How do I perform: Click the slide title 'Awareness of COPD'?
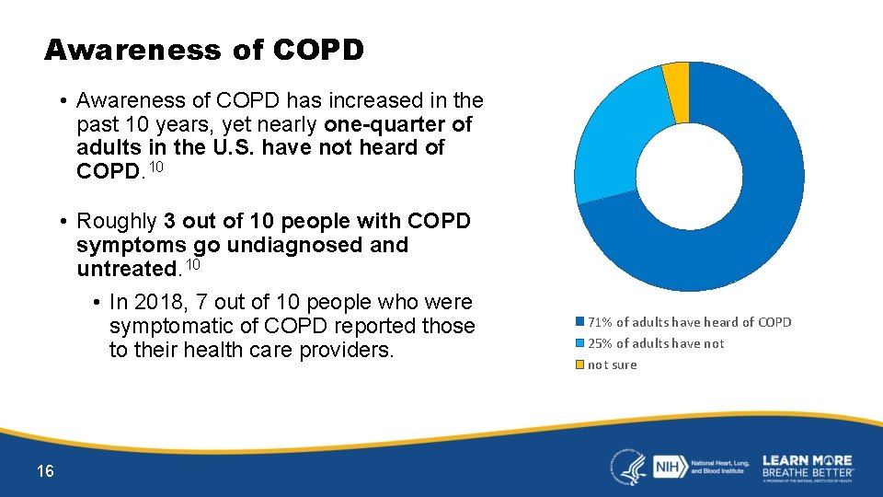[x=204, y=50]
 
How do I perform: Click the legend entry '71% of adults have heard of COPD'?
[x=689, y=322]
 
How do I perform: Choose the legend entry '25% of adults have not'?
[x=656, y=343]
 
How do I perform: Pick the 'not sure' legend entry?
[x=612, y=365]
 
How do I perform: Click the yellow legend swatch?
[x=579, y=365]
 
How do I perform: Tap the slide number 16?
[x=45, y=471]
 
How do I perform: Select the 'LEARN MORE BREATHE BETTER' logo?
[x=808, y=467]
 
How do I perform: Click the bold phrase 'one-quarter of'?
[x=397, y=123]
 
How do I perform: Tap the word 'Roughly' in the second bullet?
[x=117, y=221]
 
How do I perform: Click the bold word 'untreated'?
[x=127, y=269]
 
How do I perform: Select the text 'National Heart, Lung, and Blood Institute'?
[x=721, y=467]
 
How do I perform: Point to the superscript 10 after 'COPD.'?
[x=156, y=167]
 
